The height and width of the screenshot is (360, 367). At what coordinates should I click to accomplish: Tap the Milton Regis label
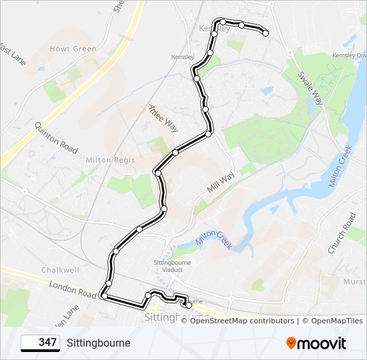tap(110, 160)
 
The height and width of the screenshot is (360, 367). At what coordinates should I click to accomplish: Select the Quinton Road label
tap(56, 137)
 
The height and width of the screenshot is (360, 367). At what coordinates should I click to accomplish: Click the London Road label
tap(73, 289)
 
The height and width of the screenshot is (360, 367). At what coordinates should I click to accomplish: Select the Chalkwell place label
tap(59, 270)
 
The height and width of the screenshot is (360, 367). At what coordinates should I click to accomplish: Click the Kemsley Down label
tap(341, 55)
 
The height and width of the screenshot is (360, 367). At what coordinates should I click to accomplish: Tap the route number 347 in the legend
tap(47, 343)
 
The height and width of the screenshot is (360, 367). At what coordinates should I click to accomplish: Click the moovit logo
tap(316, 343)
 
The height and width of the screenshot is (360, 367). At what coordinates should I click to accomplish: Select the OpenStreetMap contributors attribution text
tap(242, 321)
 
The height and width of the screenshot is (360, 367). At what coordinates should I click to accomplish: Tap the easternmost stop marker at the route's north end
tap(266, 33)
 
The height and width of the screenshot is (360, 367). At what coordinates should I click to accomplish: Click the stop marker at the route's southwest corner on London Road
tap(104, 295)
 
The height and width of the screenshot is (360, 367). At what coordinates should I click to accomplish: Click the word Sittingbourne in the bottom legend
tap(99, 343)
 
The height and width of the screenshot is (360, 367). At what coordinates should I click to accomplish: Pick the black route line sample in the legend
tap(31, 343)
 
